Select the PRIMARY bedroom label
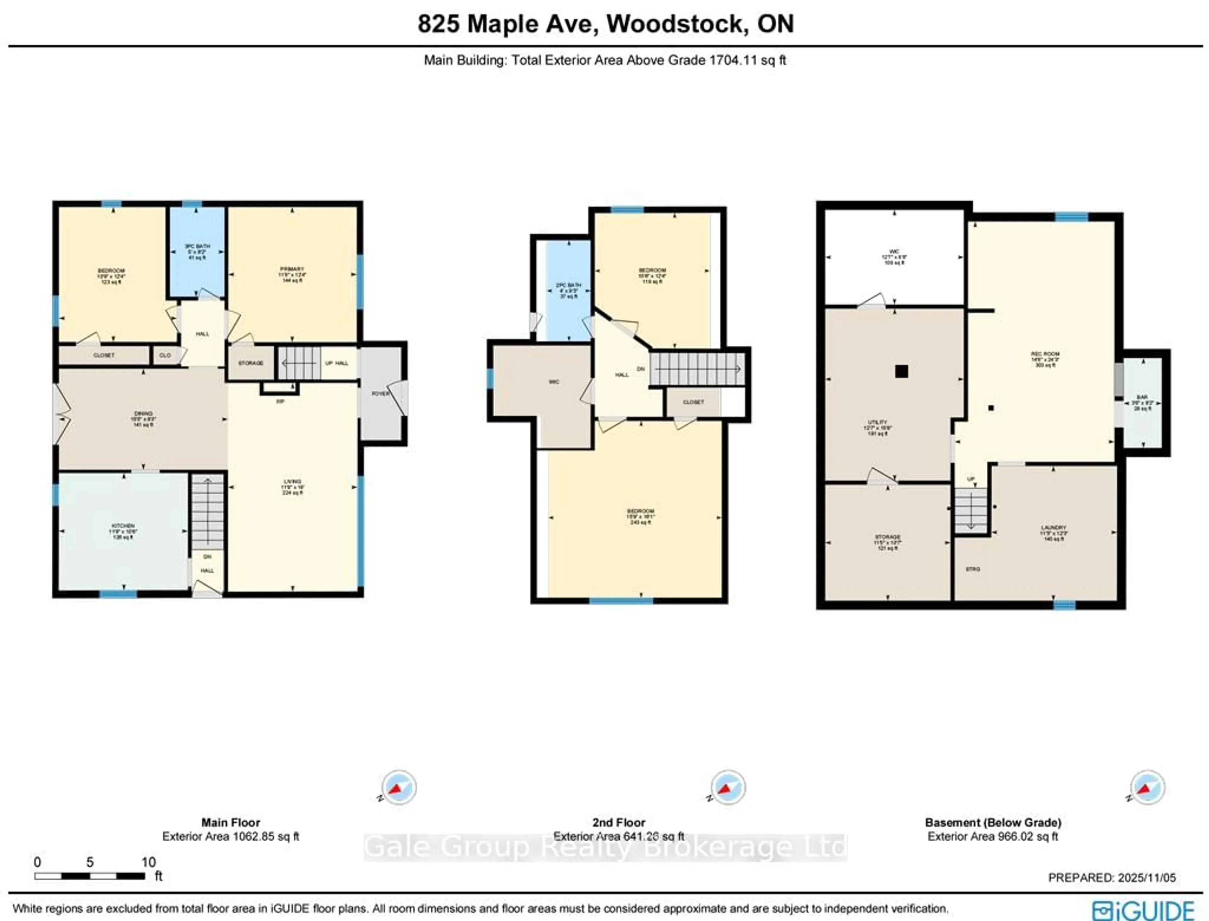[292, 269]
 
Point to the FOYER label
[380, 394]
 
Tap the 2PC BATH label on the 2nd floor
[568, 285]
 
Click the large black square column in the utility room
[901, 372]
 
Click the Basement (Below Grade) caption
[992, 822]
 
